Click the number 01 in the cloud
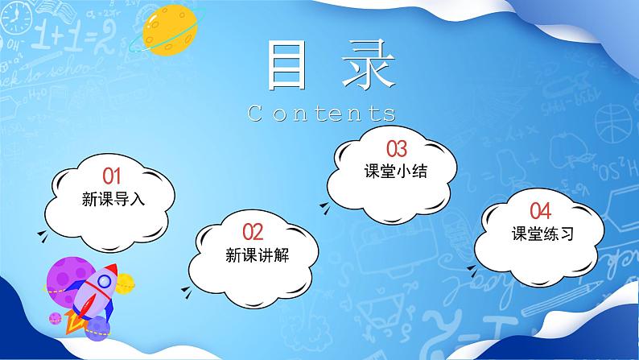(112, 175)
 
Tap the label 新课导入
(113, 198)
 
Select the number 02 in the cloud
(253, 233)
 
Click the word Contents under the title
(322, 112)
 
